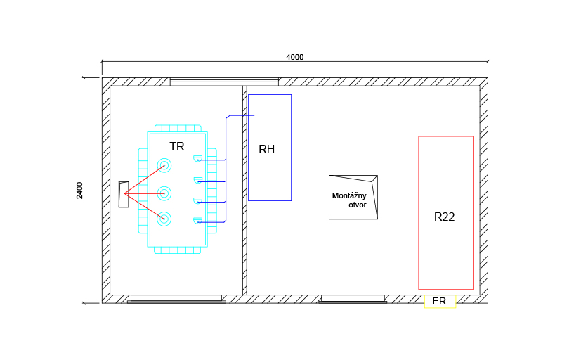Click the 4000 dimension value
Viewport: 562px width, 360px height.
coord(295,57)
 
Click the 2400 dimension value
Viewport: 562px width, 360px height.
coord(79,191)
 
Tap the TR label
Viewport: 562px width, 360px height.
coord(177,146)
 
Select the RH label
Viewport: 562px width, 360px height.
coord(266,149)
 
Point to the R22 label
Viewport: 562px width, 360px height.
coord(445,217)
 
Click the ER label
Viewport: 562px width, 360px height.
coord(440,302)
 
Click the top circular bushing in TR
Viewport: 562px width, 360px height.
coord(164,166)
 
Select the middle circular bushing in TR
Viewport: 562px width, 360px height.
coord(164,193)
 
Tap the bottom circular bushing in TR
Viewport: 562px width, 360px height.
coord(164,219)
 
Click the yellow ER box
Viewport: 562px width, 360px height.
coord(440,302)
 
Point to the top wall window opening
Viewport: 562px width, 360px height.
coord(224,82)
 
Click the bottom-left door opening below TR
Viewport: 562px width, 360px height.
coord(176,299)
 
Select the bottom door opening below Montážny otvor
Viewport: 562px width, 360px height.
coord(353,299)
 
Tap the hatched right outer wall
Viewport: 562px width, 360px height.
coord(484,190)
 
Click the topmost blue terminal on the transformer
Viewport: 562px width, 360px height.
coord(198,157)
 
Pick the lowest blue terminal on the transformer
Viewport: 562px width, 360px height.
coord(198,221)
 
